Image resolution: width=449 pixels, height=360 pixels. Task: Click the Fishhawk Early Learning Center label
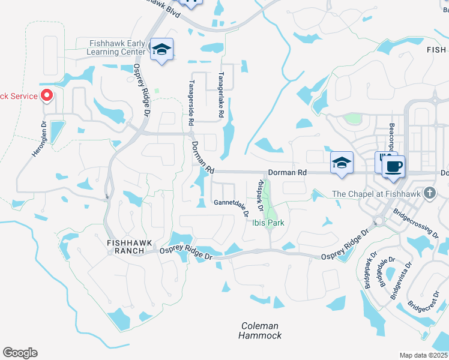(118, 47)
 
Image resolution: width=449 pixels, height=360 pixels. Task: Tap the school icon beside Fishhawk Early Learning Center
(161, 49)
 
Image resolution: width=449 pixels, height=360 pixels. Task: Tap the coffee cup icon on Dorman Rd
(393, 167)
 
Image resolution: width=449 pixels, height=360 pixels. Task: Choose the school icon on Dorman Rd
(341, 163)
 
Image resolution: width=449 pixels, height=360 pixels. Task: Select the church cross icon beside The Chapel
(429, 193)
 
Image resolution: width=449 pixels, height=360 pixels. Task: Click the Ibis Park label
(267, 223)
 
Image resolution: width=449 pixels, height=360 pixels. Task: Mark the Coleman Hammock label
(261, 331)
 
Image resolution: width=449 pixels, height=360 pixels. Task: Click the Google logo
(20, 353)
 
